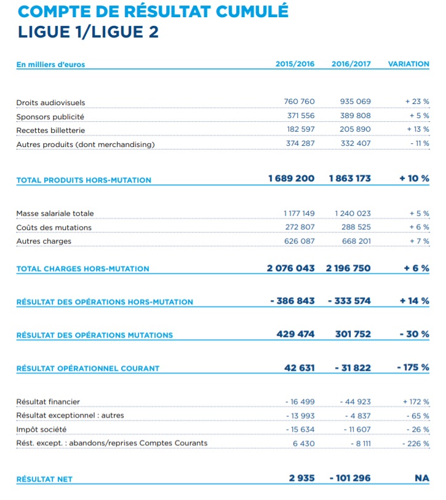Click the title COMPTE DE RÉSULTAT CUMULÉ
point(153,12)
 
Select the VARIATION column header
point(408,64)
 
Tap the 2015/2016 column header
point(295,64)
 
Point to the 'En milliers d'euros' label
point(50,64)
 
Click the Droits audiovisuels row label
point(50,103)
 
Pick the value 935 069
point(355,101)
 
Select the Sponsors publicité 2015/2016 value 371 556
point(301,116)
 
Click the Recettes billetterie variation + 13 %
point(417,130)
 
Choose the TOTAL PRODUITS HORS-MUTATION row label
point(84,180)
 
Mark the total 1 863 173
point(350,178)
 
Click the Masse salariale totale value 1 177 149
point(299,213)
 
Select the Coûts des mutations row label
point(54,228)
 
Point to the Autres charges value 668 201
point(356,241)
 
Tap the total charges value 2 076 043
point(290,268)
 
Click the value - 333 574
point(349,301)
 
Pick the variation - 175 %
point(413,368)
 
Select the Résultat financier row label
point(48,402)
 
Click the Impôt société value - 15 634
point(300,429)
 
